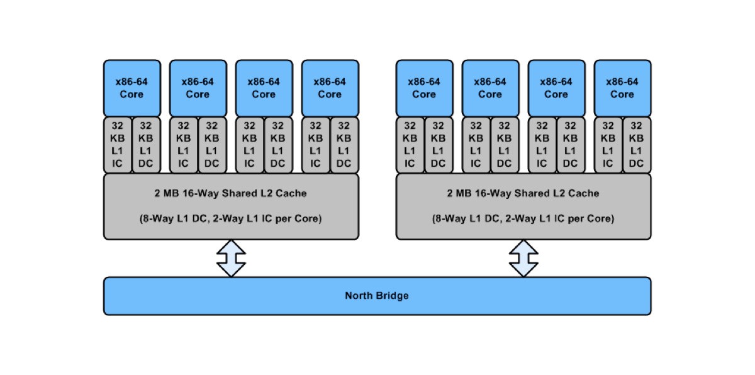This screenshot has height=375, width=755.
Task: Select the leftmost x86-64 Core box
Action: click(x=131, y=88)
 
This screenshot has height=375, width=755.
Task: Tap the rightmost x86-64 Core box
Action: click(x=622, y=88)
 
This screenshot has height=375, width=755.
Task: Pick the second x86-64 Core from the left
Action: click(x=198, y=88)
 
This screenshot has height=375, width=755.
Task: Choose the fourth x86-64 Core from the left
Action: click(x=330, y=88)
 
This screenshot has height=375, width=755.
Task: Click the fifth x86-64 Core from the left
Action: click(x=424, y=88)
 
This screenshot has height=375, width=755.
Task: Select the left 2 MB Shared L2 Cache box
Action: click(x=231, y=206)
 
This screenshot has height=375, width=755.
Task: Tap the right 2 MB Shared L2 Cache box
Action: click(x=523, y=206)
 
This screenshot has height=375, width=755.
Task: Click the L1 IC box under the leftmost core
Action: click(x=118, y=144)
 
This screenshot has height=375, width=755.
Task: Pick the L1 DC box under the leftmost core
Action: click(x=146, y=144)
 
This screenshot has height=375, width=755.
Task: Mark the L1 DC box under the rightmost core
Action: click(x=636, y=144)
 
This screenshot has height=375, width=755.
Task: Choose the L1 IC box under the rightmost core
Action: click(x=608, y=144)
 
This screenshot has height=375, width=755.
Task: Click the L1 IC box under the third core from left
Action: click(x=250, y=144)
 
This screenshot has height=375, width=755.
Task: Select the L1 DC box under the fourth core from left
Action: click(x=344, y=144)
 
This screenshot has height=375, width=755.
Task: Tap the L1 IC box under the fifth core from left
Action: click(x=410, y=144)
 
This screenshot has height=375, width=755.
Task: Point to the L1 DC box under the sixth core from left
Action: click(x=504, y=144)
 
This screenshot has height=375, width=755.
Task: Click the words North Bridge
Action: click(x=377, y=296)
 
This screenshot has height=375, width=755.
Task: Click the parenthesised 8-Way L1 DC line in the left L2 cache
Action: click(x=231, y=220)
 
